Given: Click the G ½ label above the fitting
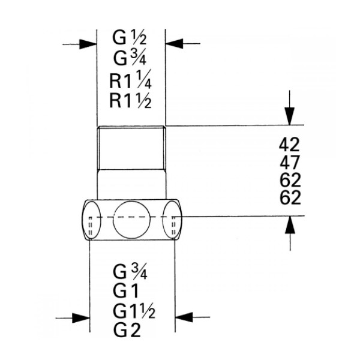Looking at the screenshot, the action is click(x=129, y=37).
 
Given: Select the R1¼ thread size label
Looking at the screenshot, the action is click(x=130, y=79).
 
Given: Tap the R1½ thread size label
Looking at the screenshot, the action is click(x=130, y=100).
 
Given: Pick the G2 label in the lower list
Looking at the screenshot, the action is click(x=127, y=330).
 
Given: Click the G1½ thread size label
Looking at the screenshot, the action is click(x=134, y=311).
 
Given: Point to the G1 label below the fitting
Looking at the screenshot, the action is click(x=126, y=291).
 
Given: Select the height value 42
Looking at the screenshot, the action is click(x=289, y=145).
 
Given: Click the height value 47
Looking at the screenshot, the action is click(x=290, y=162).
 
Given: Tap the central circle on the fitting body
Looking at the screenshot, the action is click(x=132, y=220).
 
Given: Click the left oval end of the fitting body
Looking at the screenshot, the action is click(x=92, y=220).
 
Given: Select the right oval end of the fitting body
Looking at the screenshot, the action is click(x=172, y=220).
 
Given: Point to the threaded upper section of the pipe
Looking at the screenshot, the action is click(x=131, y=148).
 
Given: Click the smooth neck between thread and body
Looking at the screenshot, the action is click(x=131, y=184).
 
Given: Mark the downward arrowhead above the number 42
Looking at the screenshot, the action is click(x=290, y=116).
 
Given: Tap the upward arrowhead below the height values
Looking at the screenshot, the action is click(x=290, y=225).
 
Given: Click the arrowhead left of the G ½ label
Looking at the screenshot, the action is click(x=88, y=44).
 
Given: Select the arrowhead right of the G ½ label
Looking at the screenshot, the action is click(x=174, y=43).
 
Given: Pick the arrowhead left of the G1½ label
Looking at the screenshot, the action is click(x=81, y=318).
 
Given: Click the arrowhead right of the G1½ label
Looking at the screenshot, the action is click(x=184, y=317).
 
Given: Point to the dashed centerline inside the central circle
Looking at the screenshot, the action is click(x=132, y=217).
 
